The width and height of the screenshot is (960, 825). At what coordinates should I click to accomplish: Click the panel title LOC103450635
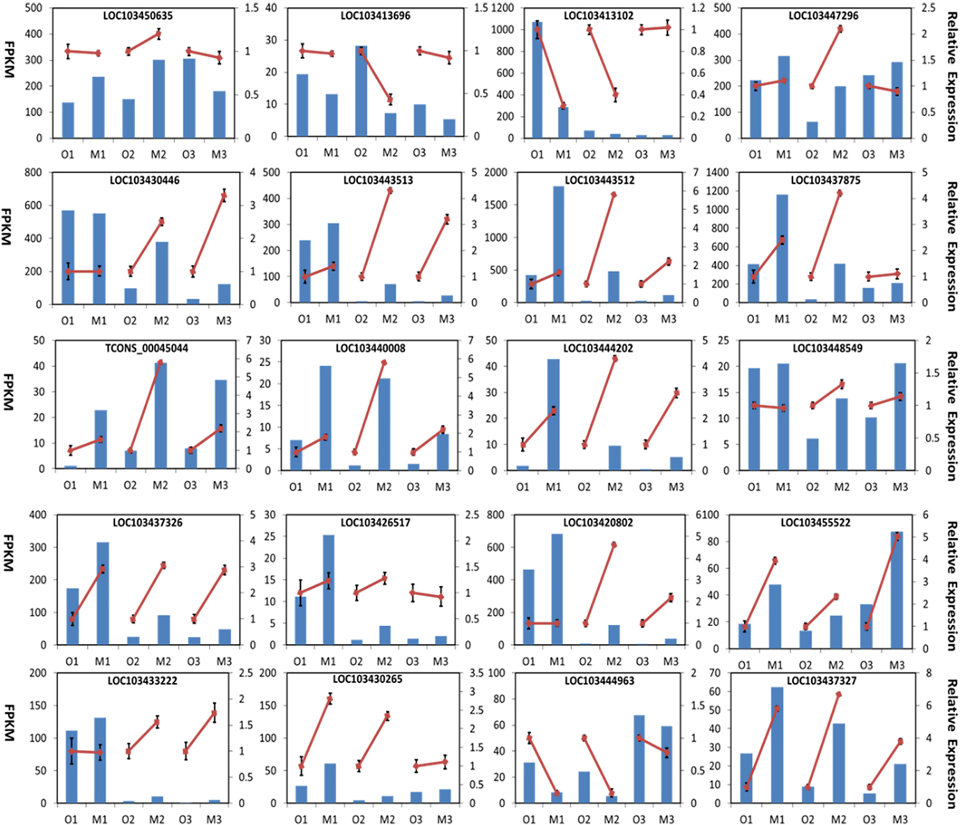tap(138, 16)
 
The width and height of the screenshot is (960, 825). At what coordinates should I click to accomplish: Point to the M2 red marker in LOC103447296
tap(840, 29)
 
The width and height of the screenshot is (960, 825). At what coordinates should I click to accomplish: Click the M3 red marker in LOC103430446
tap(224, 196)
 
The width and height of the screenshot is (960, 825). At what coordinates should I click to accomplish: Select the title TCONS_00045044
tap(147, 349)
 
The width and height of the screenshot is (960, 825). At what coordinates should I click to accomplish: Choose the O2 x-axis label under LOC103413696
tap(360, 153)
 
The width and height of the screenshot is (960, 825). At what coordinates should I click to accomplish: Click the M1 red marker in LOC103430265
tap(330, 699)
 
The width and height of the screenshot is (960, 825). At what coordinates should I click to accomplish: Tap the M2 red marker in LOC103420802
tap(614, 545)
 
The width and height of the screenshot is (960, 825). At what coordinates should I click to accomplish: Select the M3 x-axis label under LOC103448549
tap(900, 487)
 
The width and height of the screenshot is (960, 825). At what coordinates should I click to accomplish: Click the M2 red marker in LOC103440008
tap(384, 363)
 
